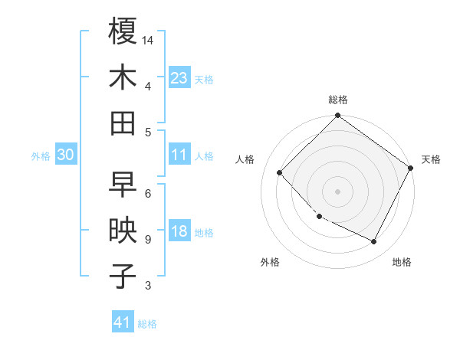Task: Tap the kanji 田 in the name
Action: click(x=123, y=123)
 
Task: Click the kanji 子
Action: click(x=123, y=277)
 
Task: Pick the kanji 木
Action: click(x=123, y=77)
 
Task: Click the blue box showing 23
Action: click(x=179, y=77)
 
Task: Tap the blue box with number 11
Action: click(x=179, y=155)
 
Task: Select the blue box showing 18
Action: click(x=179, y=232)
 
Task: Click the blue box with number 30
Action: click(x=65, y=155)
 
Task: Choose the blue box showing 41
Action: click(x=123, y=322)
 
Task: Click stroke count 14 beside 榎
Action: click(x=148, y=39)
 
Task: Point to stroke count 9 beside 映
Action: click(x=147, y=239)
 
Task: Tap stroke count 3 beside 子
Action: click(x=147, y=286)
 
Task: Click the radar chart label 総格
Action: click(x=337, y=100)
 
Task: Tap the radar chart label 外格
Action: click(x=270, y=262)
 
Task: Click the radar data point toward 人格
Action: click(x=280, y=172)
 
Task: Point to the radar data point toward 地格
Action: click(x=374, y=242)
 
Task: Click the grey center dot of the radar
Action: click(x=337, y=191)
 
